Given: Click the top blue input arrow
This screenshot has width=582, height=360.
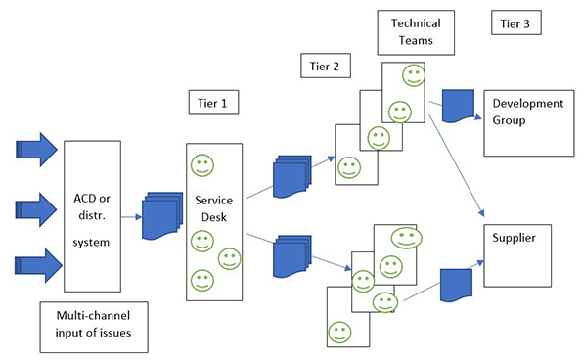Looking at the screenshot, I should [37, 150].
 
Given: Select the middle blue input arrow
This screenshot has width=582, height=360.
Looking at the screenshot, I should [37, 208].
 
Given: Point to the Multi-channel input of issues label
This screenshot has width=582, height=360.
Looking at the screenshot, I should [93, 328].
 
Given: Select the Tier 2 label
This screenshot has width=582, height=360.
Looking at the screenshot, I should [324, 65].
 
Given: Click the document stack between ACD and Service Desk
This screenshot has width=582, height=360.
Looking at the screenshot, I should [158, 219].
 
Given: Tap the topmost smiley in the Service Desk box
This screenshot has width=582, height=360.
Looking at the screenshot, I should [202, 164].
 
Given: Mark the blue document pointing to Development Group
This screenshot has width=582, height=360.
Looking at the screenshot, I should [458, 105].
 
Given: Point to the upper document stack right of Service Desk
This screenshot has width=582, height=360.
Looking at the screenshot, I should [291, 171].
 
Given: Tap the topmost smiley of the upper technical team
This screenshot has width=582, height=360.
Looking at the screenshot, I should [413, 74].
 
